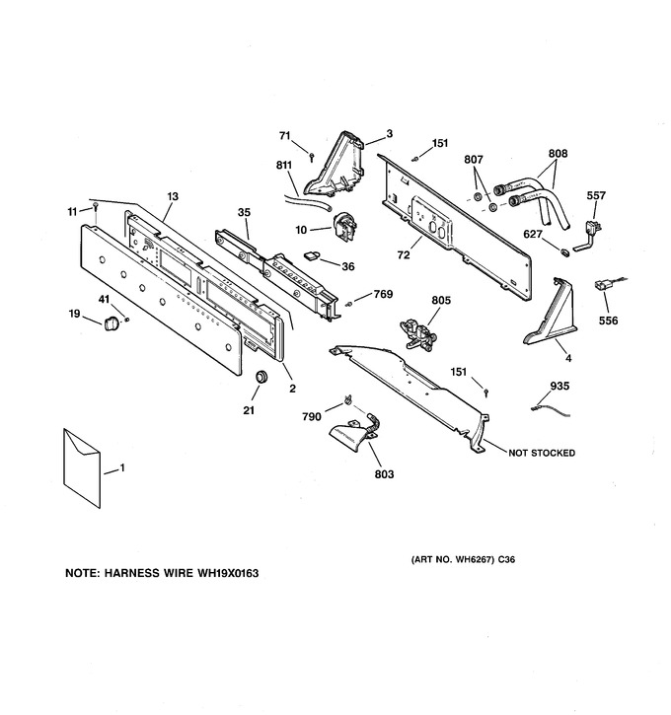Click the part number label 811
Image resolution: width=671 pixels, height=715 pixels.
point(284,165)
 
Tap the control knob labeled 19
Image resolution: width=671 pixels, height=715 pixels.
point(112,323)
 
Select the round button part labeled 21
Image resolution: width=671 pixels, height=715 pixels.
point(261,378)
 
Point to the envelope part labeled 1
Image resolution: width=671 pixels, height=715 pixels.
point(82,467)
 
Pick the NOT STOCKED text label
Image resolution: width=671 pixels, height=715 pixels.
point(542,453)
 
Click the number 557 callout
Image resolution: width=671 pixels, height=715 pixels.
point(596,195)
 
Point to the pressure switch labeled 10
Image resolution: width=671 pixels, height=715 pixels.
point(344,226)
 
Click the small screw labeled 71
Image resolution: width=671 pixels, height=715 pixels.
point(312,157)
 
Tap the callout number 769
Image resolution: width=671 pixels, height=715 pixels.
point(383,294)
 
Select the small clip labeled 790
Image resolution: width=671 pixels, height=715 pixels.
point(347,400)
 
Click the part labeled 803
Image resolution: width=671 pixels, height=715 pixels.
point(355,432)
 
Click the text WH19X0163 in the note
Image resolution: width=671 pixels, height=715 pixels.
point(228,573)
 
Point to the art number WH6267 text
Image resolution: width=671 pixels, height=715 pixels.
point(474,559)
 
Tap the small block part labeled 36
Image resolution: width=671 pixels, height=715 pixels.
point(312,255)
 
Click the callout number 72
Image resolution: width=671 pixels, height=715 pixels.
point(404,255)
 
